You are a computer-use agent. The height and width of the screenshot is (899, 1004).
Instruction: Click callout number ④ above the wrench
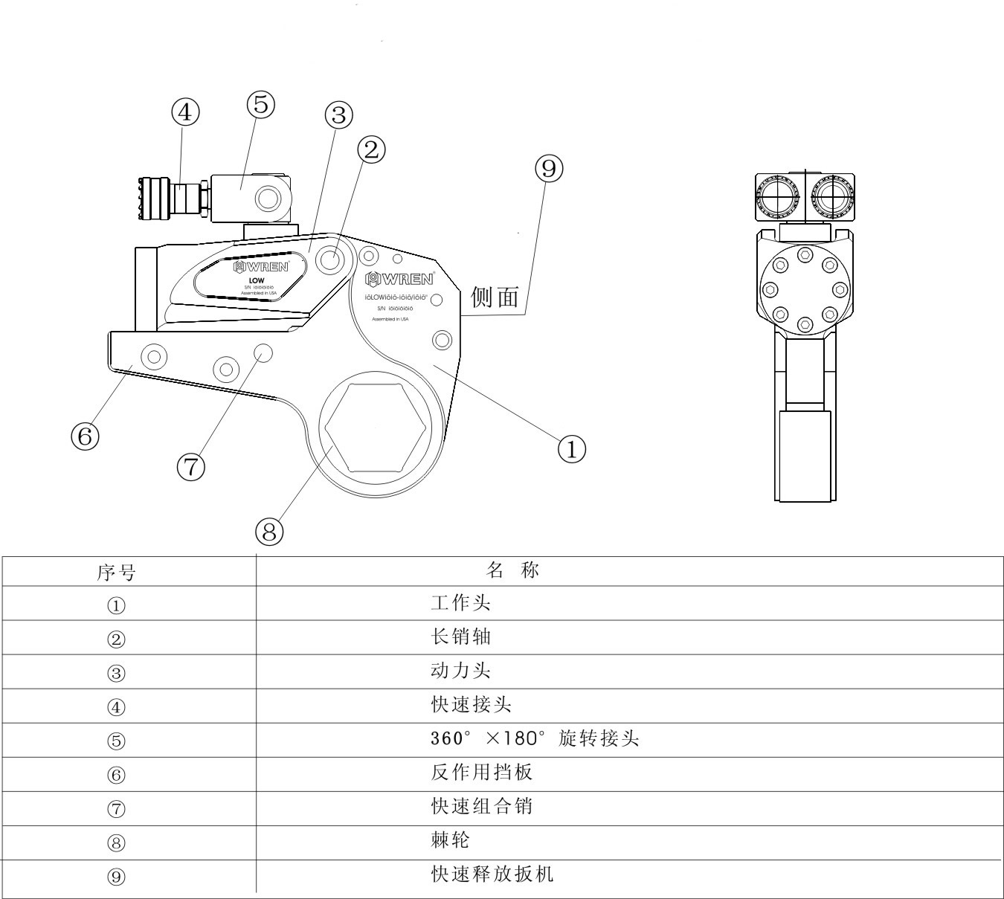click(x=186, y=112)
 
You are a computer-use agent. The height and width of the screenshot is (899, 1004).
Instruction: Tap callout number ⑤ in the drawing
click(x=260, y=104)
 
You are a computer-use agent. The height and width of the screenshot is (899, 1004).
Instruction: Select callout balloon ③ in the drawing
click(x=338, y=115)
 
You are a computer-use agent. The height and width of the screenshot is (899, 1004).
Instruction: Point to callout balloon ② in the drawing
click(x=371, y=150)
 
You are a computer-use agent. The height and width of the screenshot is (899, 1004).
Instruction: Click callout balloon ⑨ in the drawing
click(x=549, y=169)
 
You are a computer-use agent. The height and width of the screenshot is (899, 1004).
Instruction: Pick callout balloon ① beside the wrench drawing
click(x=572, y=448)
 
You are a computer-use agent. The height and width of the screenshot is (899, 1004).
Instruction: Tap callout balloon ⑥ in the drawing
click(x=85, y=436)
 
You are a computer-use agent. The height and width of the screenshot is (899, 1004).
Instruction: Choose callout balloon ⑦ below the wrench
click(x=191, y=467)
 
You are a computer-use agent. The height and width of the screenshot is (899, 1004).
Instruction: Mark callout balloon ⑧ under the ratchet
click(x=269, y=531)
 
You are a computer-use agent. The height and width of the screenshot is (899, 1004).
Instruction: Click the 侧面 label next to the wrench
click(x=495, y=297)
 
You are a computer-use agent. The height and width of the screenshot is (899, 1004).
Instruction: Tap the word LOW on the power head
click(x=257, y=280)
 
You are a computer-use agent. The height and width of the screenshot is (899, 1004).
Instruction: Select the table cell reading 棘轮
click(x=451, y=840)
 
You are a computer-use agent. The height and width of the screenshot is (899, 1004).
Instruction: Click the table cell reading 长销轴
click(x=461, y=637)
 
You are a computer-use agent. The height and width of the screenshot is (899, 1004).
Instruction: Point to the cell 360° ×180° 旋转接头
click(x=535, y=738)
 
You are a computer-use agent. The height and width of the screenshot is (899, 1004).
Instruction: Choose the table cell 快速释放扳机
click(x=492, y=874)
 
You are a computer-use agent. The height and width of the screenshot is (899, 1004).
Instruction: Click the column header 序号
click(x=117, y=573)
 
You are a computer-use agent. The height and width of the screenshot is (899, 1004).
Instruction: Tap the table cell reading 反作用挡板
click(x=482, y=772)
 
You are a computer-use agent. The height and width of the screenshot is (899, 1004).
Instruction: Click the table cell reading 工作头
click(x=461, y=602)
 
